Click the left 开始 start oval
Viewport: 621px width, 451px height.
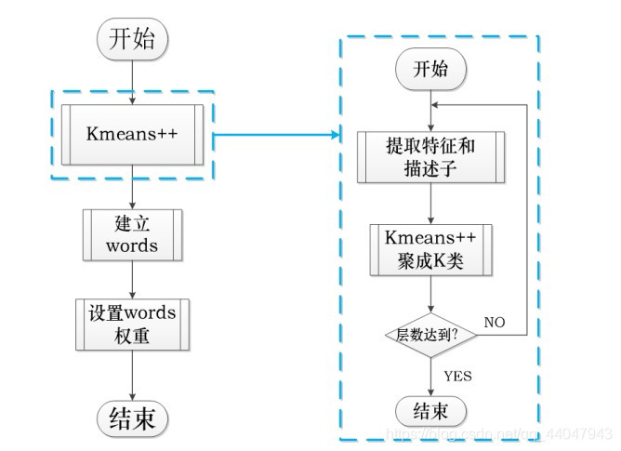pyautogui.click(x=133, y=40)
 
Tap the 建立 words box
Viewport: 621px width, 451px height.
pyautogui.click(x=132, y=234)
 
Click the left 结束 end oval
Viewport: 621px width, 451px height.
pyautogui.click(x=132, y=415)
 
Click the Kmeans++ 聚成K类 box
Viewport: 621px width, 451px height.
pyautogui.click(x=430, y=249)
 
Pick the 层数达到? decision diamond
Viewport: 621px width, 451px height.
pyautogui.click(x=430, y=333)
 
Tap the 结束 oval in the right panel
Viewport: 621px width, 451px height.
pyautogui.click(x=430, y=409)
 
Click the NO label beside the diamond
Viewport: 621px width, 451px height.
pyautogui.click(x=495, y=321)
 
